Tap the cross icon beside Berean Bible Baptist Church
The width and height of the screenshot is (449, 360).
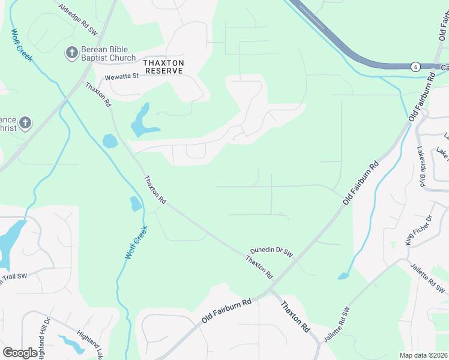(70, 53)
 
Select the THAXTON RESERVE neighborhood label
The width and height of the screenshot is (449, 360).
(163, 67)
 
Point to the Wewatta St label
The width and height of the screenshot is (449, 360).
(121, 77)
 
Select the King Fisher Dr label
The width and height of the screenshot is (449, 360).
(418, 230)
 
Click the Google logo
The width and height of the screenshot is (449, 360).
(20, 353)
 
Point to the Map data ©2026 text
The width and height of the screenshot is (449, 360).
(424, 355)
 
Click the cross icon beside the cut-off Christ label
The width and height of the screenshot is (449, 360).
(25, 124)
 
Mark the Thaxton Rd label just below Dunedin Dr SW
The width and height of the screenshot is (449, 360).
(259, 267)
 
